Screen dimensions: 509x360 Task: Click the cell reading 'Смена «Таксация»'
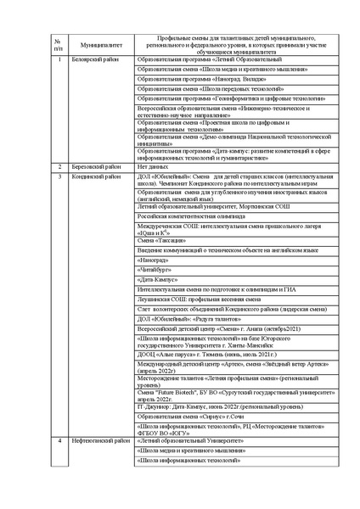160,241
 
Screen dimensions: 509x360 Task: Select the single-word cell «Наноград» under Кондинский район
152,260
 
